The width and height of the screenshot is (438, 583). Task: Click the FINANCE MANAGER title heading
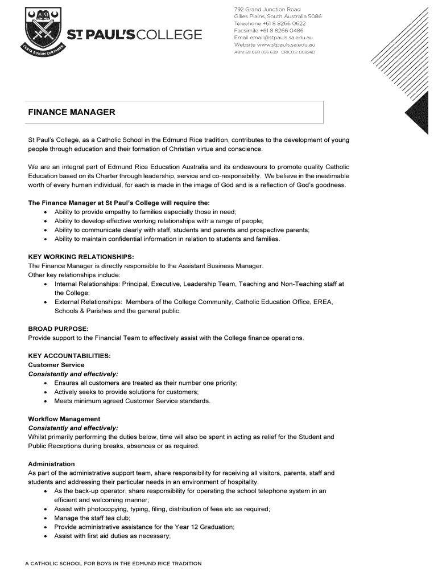point(72,112)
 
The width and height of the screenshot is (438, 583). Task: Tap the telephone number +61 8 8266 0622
point(270,23)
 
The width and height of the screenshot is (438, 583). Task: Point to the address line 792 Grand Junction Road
point(267,9)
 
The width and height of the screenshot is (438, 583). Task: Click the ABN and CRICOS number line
point(274,52)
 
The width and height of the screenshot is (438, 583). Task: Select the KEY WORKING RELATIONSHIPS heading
point(81,257)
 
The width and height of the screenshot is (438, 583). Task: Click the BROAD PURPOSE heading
point(58,329)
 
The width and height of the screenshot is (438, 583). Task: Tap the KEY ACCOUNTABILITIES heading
point(69,356)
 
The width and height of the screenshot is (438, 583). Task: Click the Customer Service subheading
point(56,365)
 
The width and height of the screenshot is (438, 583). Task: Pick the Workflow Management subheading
point(64,419)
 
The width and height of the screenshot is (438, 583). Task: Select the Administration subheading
point(51,464)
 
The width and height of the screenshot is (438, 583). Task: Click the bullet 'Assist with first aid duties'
point(113,536)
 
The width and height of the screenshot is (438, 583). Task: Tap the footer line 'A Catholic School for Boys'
point(113,564)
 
